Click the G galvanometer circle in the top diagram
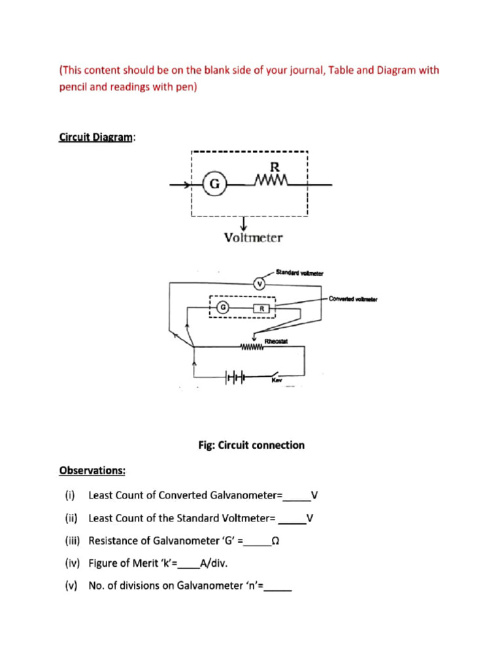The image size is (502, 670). pyautogui.click(x=214, y=185)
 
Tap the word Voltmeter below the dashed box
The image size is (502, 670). pyautogui.click(x=253, y=238)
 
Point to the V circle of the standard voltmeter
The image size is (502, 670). pyautogui.click(x=259, y=283)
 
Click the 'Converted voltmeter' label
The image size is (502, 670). pyautogui.click(x=353, y=299)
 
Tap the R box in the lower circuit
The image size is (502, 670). pyautogui.click(x=261, y=308)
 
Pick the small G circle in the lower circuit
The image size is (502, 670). pyautogui.click(x=224, y=306)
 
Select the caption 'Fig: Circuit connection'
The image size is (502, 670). pyautogui.click(x=251, y=445)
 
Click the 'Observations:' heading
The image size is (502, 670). pyautogui.click(x=93, y=470)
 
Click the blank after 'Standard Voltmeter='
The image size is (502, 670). pyautogui.click(x=292, y=520)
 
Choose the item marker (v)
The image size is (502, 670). pyautogui.click(x=71, y=586)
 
